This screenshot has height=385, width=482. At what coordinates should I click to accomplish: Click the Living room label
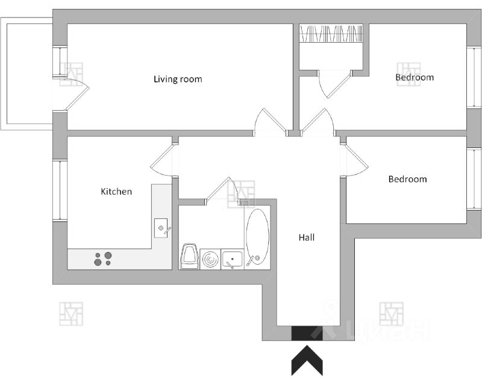(x=178, y=79)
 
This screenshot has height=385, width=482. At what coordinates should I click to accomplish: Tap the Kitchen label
(x=116, y=191)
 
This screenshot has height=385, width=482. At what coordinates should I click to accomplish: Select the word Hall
(x=307, y=238)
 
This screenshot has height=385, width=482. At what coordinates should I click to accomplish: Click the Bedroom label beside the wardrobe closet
(x=415, y=77)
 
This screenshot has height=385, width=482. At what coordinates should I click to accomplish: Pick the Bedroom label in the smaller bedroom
(x=407, y=179)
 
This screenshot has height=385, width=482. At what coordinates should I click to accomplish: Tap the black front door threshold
(x=307, y=333)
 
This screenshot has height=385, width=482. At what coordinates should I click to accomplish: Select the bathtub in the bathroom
(x=257, y=236)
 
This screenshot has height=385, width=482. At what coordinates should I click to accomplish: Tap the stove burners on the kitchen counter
(x=103, y=258)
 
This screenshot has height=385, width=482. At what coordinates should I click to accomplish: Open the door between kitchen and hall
(x=164, y=161)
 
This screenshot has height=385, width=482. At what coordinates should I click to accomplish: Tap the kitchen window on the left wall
(x=60, y=190)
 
